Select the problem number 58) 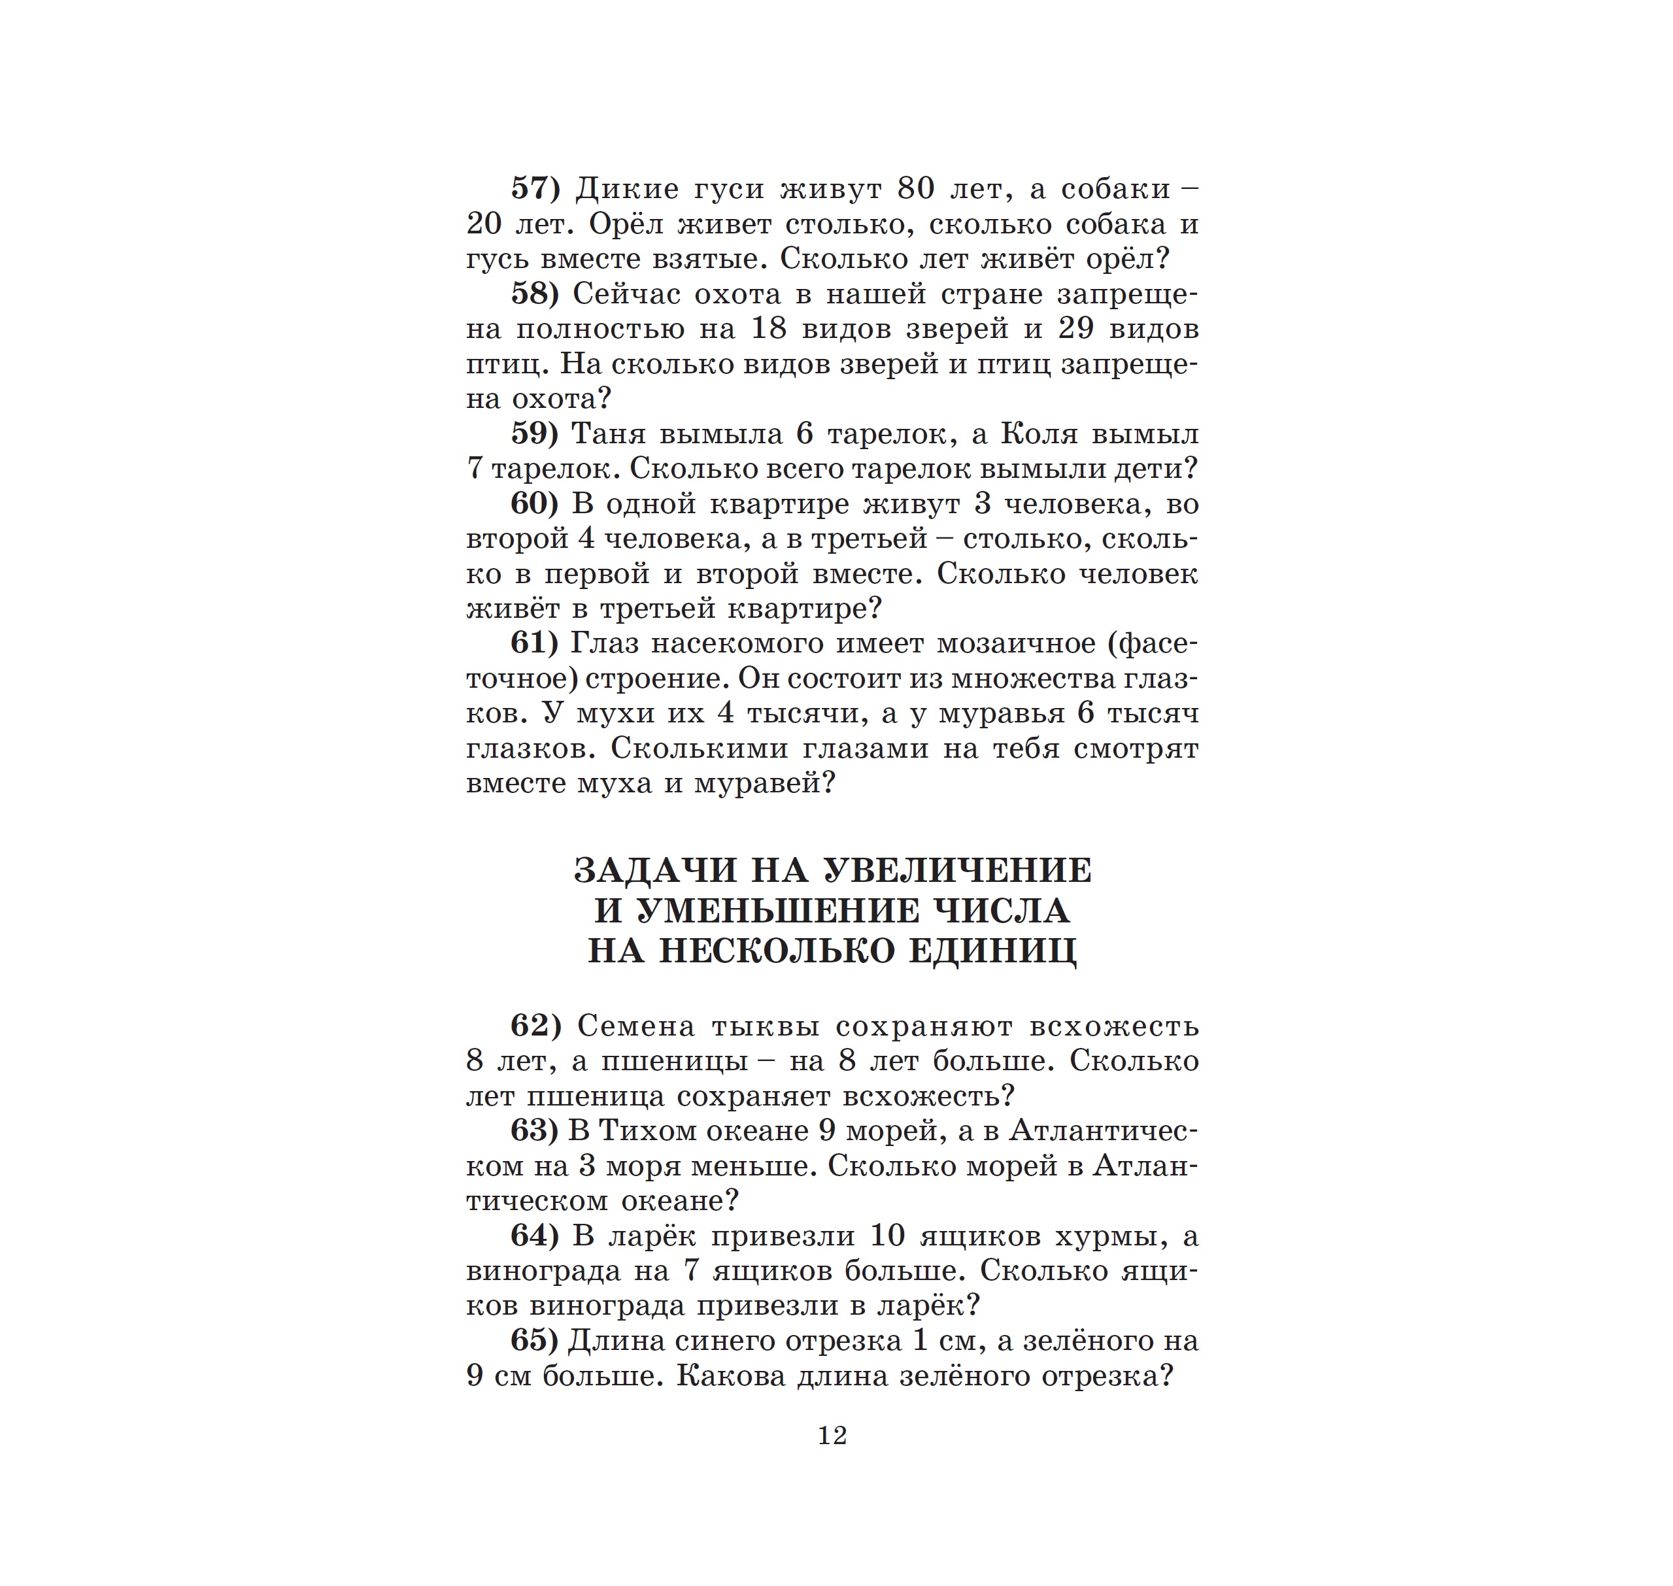click(535, 294)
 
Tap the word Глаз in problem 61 click(602, 643)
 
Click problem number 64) click(535, 1236)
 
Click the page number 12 click(833, 1436)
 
